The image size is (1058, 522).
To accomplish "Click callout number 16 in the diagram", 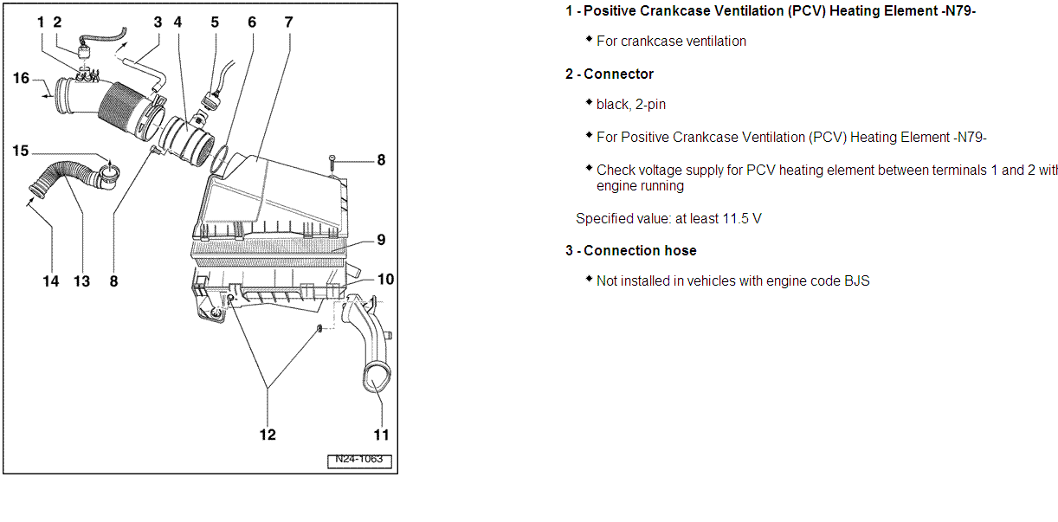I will coord(22,79).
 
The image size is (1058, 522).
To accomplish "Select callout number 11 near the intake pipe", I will coord(381,435).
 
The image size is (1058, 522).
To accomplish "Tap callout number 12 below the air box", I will coord(268,434).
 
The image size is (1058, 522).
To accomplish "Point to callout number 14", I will coord(51,280).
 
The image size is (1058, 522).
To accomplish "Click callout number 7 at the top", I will coord(289,22).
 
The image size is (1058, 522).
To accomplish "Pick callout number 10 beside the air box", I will coord(385,279).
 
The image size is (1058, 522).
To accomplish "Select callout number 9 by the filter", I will coord(381,240).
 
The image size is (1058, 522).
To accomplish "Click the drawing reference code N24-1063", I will coord(359,461).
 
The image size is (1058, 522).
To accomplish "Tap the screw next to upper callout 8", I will coord(332,161).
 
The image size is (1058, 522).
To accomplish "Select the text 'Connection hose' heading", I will coord(640,251).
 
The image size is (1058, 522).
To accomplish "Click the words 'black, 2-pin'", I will coord(631,105).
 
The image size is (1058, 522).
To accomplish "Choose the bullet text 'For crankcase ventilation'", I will coord(671,42).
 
